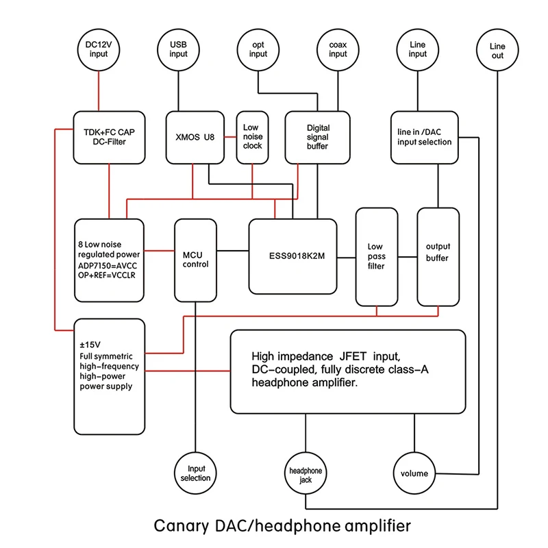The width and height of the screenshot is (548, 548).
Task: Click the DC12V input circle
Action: click(98, 49)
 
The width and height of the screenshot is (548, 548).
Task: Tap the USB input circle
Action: click(178, 49)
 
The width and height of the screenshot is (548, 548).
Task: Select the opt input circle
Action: click(258, 49)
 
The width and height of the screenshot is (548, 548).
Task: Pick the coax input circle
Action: click(338, 49)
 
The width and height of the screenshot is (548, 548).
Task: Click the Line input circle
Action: click(417, 49)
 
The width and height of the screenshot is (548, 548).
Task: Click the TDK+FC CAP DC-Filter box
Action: click(110, 137)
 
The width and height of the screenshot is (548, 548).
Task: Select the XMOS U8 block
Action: click(195, 137)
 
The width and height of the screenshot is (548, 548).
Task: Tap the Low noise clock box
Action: click(251, 137)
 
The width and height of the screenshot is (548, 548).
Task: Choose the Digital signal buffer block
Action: click(317, 137)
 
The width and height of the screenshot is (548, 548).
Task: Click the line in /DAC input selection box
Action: click(424, 137)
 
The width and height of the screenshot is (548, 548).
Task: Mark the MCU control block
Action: click(195, 260)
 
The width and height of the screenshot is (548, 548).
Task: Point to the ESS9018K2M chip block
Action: click(292, 255)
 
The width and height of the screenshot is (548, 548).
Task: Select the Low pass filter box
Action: click(376, 257)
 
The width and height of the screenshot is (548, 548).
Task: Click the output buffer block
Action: click(438, 257)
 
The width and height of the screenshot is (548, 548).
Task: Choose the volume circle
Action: click(414, 473)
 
